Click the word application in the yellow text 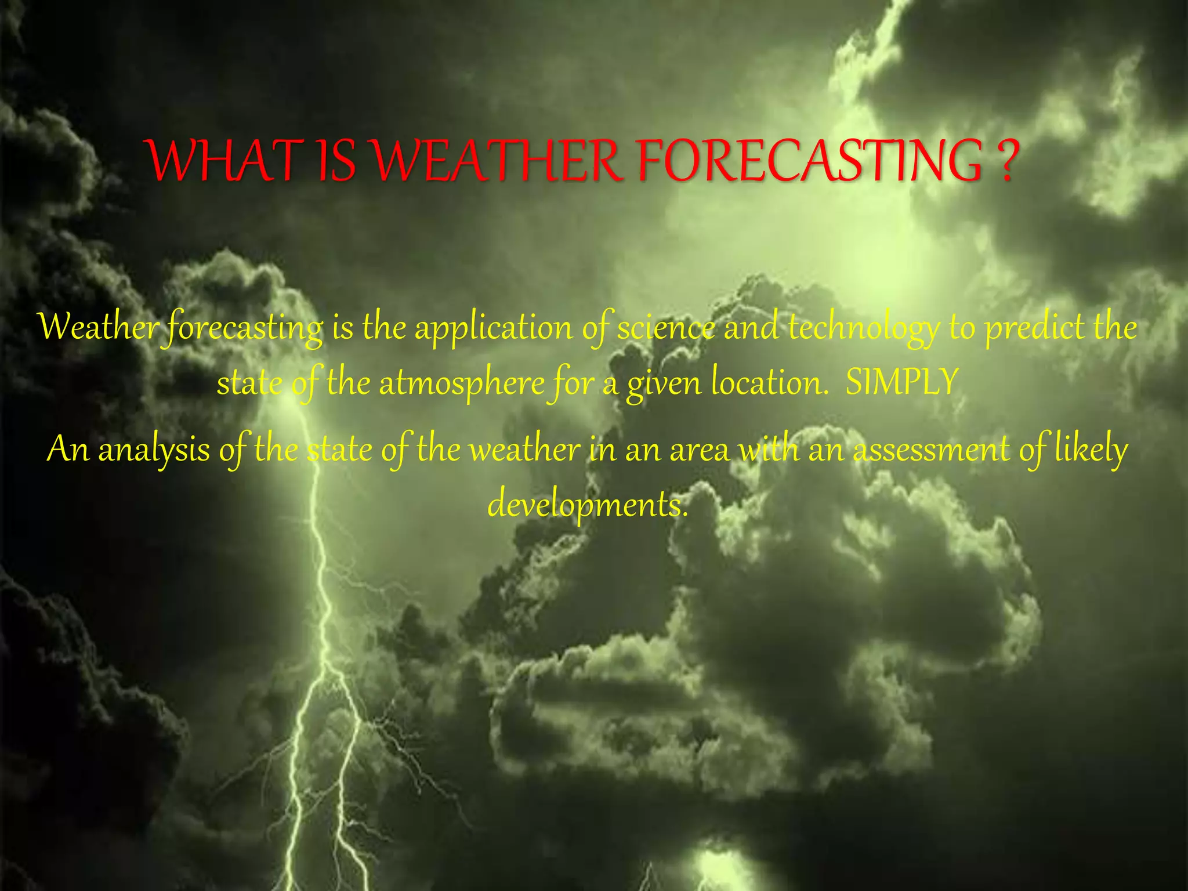[x=493, y=328]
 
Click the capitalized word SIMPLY [x=901, y=383]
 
